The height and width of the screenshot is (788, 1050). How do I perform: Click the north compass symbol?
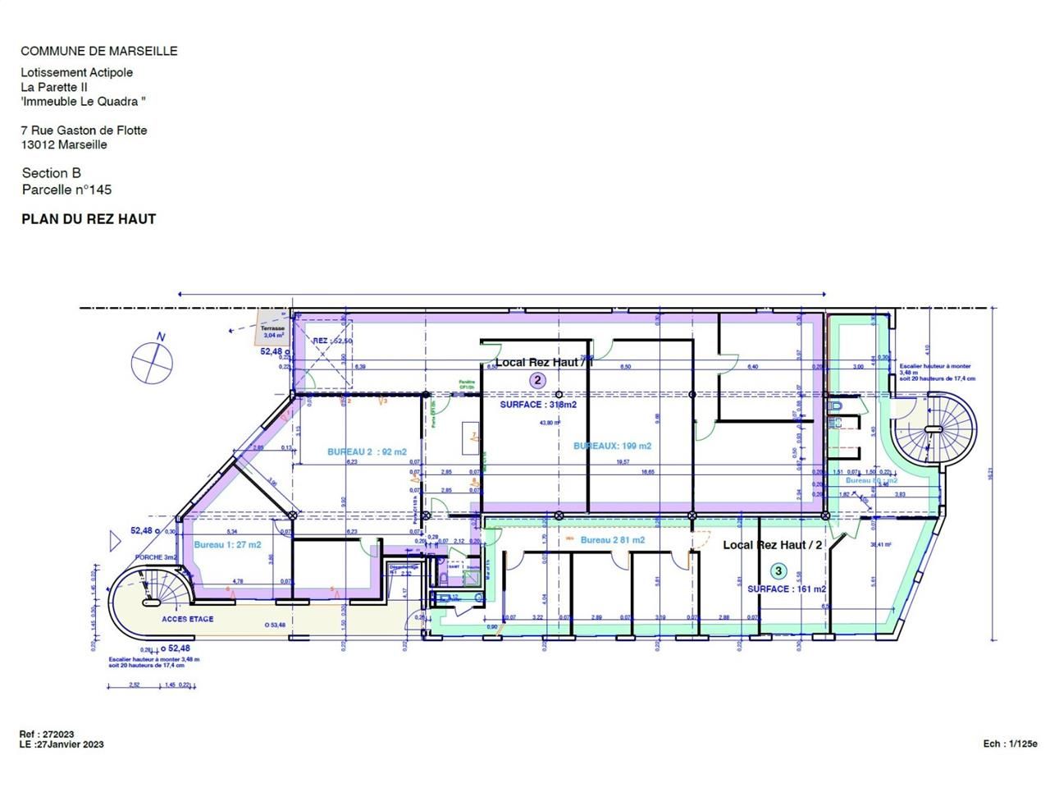tap(152, 360)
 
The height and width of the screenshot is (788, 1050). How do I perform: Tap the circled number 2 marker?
tap(537, 379)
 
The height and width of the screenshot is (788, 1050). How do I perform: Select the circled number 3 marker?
tap(779, 570)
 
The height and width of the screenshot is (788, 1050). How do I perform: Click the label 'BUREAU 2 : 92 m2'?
tap(367, 451)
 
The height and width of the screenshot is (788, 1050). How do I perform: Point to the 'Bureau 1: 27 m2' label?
tap(227, 545)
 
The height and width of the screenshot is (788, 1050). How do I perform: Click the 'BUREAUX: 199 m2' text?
tap(612, 446)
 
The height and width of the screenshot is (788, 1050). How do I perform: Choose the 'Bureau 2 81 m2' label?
tap(612, 540)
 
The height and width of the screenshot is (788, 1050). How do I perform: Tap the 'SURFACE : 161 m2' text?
tap(786, 589)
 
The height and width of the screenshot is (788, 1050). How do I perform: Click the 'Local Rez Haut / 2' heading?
tap(772, 545)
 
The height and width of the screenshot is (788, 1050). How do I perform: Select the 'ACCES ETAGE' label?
tap(187, 619)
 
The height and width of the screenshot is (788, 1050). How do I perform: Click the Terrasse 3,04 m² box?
tap(272, 330)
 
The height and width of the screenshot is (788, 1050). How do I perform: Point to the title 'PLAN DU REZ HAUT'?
tap(89, 219)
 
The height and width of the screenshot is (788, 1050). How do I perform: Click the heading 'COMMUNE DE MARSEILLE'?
tap(98, 51)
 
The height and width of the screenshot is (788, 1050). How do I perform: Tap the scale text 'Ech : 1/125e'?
tap(1010, 744)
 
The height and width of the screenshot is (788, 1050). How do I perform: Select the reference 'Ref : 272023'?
tap(47, 734)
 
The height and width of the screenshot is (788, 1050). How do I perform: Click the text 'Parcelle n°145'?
tap(66, 190)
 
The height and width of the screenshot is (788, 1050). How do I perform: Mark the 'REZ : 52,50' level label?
tap(333, 341)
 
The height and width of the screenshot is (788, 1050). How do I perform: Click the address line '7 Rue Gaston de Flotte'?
tap(84, 130)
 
